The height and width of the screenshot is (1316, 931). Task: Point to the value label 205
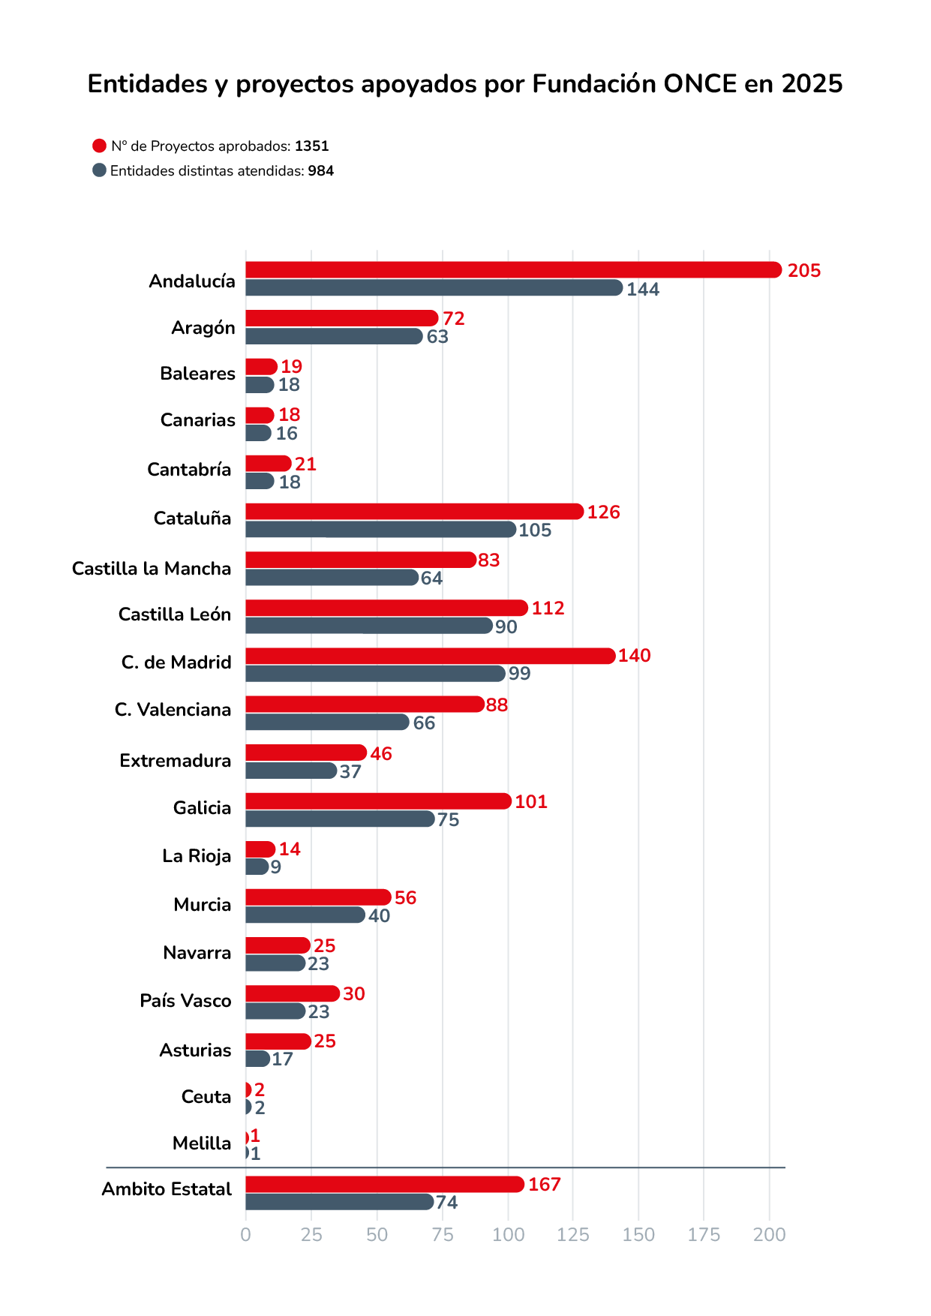804,271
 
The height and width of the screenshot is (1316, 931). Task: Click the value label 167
545,1185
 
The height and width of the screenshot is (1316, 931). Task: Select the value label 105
535,530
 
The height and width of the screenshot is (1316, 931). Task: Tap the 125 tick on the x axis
573,1235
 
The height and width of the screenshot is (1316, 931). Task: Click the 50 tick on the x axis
377,1235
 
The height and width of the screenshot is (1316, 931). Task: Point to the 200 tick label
770,1235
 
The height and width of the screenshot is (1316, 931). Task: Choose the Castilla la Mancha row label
152,569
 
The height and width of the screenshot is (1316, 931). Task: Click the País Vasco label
185,1001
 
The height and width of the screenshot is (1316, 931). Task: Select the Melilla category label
202,1143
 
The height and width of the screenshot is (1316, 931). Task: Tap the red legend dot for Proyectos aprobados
99,146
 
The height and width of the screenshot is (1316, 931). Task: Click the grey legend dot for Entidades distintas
99,170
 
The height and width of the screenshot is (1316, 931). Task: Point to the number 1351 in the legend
311,146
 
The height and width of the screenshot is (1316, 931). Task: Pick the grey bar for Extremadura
291,771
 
